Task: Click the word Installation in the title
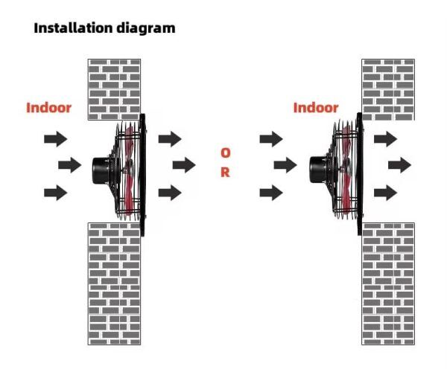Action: click(73, 28)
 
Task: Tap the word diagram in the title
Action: click(146, 29)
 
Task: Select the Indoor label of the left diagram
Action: click(48, 108)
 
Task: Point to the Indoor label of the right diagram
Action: click(316, 108)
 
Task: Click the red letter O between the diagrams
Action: click(225, 153)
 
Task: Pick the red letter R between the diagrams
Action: click(225, 173)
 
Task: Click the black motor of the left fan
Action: click(101, 170)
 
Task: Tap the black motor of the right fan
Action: click(318, 170)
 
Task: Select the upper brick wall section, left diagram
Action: click(114, 89)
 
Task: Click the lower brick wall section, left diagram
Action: click(114, 284)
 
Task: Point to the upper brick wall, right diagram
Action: click(388, 89)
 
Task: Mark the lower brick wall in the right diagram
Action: click(388, 284)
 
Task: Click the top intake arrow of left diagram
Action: click(56, 139)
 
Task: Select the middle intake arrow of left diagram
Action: click(70, 165)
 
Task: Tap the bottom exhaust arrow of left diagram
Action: click(170, 193)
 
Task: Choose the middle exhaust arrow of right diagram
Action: click(399, 165)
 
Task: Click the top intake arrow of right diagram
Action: click(271, 139)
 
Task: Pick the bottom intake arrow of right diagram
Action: click(271, 193)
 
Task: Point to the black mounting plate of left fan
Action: click(142, 175)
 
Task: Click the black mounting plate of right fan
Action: click(360, 174)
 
